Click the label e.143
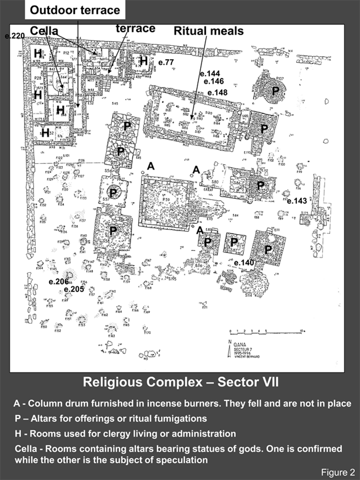click(297, 201)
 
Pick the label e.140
click(244, 263)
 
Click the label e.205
click(74, 289)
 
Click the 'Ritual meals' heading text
click(208, 31)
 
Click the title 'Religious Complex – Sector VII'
click(180, 383)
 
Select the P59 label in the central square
click(166, 198)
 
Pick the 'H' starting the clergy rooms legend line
click(17, 433)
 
